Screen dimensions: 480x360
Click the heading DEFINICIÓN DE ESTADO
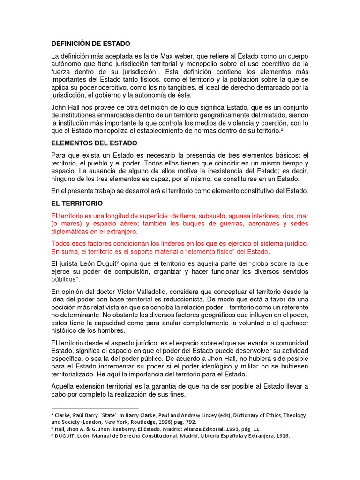[90, 44]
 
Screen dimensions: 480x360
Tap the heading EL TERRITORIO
[77, 204]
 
